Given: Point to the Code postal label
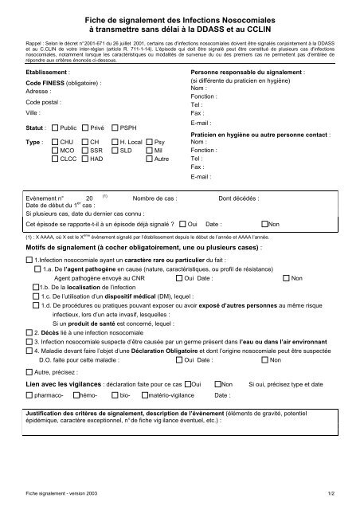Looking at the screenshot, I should point(44,103).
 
